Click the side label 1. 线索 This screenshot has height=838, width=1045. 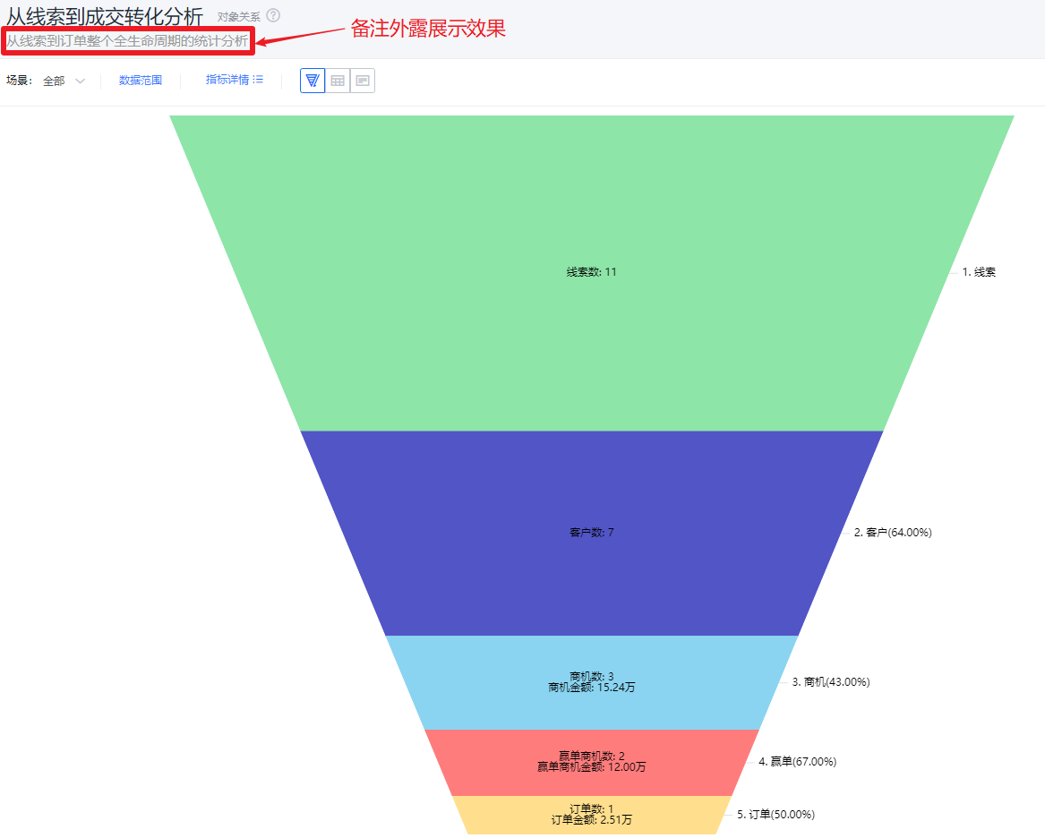979,272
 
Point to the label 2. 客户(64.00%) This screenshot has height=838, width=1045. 893,532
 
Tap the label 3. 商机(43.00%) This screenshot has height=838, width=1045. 830,682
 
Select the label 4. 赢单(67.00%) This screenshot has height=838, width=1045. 797,761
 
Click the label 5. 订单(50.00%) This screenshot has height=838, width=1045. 775,814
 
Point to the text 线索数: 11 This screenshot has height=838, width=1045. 592,272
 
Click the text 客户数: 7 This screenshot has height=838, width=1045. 592,532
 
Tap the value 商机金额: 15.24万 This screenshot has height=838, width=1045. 592,688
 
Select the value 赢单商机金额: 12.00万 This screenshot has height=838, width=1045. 592,766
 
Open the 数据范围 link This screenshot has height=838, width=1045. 140,81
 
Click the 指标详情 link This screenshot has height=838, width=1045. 234,80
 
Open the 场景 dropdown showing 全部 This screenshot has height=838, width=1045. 64,81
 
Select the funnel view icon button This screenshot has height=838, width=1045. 313,81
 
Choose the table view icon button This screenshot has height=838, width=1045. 338,81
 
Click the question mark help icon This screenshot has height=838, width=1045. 273,15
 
